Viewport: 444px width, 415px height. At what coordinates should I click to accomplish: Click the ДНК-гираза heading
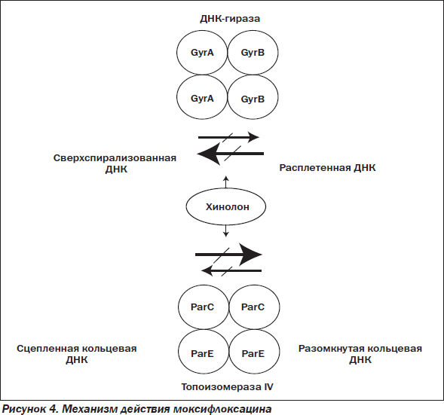[x=230, y=19]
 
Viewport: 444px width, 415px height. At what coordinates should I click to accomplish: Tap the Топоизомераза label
[x=221, y=386]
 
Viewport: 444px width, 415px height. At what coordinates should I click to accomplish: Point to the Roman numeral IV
[x=268, y=386]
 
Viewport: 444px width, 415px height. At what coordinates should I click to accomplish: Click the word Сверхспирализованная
[x=115, y=158]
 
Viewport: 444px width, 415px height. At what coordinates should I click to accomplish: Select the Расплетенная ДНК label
[x=327, y=168]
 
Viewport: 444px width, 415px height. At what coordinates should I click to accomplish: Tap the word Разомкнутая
[x=329, y=348]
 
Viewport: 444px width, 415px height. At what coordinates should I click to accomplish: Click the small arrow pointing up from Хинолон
[x=225, y=182]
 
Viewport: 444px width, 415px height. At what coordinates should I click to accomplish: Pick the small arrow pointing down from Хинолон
[x=225, y=230]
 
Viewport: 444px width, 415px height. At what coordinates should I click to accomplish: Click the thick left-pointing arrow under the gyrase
[x=230, y=154]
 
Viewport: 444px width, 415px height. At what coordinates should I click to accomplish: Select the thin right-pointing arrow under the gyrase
[x=228, y=137]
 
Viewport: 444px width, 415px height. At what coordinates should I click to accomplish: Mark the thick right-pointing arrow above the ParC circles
[x=228, y=255]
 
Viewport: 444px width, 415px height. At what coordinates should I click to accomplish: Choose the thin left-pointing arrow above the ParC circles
[x=231, y=270]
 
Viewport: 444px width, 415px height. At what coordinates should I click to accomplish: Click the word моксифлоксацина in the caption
[x=222, y=409]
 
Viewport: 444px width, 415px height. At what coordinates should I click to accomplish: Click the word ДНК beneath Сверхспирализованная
[x=116, y=169]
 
